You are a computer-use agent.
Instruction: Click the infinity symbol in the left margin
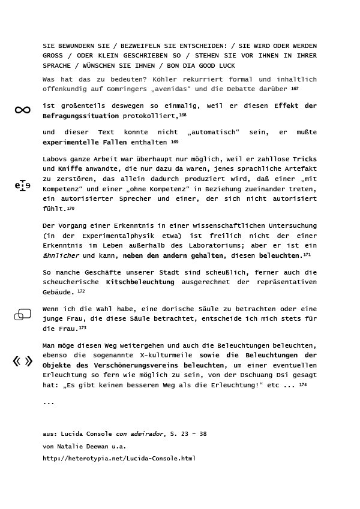click(22, 110)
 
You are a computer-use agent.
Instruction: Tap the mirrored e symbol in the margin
click(22, 185)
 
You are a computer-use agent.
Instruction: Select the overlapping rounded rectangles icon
click(23, 314)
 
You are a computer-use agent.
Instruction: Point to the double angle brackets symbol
click(23, 361)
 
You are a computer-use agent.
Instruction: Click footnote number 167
click(295, 88)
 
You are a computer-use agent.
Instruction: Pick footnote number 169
click(175, 142)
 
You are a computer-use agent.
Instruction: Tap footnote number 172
click(81, 291)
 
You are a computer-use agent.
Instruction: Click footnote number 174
click(303, 385)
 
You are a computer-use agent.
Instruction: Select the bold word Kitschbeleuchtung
click(140, 282)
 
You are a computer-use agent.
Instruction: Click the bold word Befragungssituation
click(81, 116)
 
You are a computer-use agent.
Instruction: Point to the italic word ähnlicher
click(61, 255)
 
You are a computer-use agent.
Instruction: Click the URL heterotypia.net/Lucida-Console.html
click(119, 459)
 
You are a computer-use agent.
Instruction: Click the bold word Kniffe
click(70, 169)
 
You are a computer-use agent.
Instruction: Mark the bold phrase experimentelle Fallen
click(85, 143)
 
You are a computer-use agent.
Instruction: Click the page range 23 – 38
click(190, 434)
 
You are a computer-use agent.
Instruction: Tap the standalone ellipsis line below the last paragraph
click(49, 403)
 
